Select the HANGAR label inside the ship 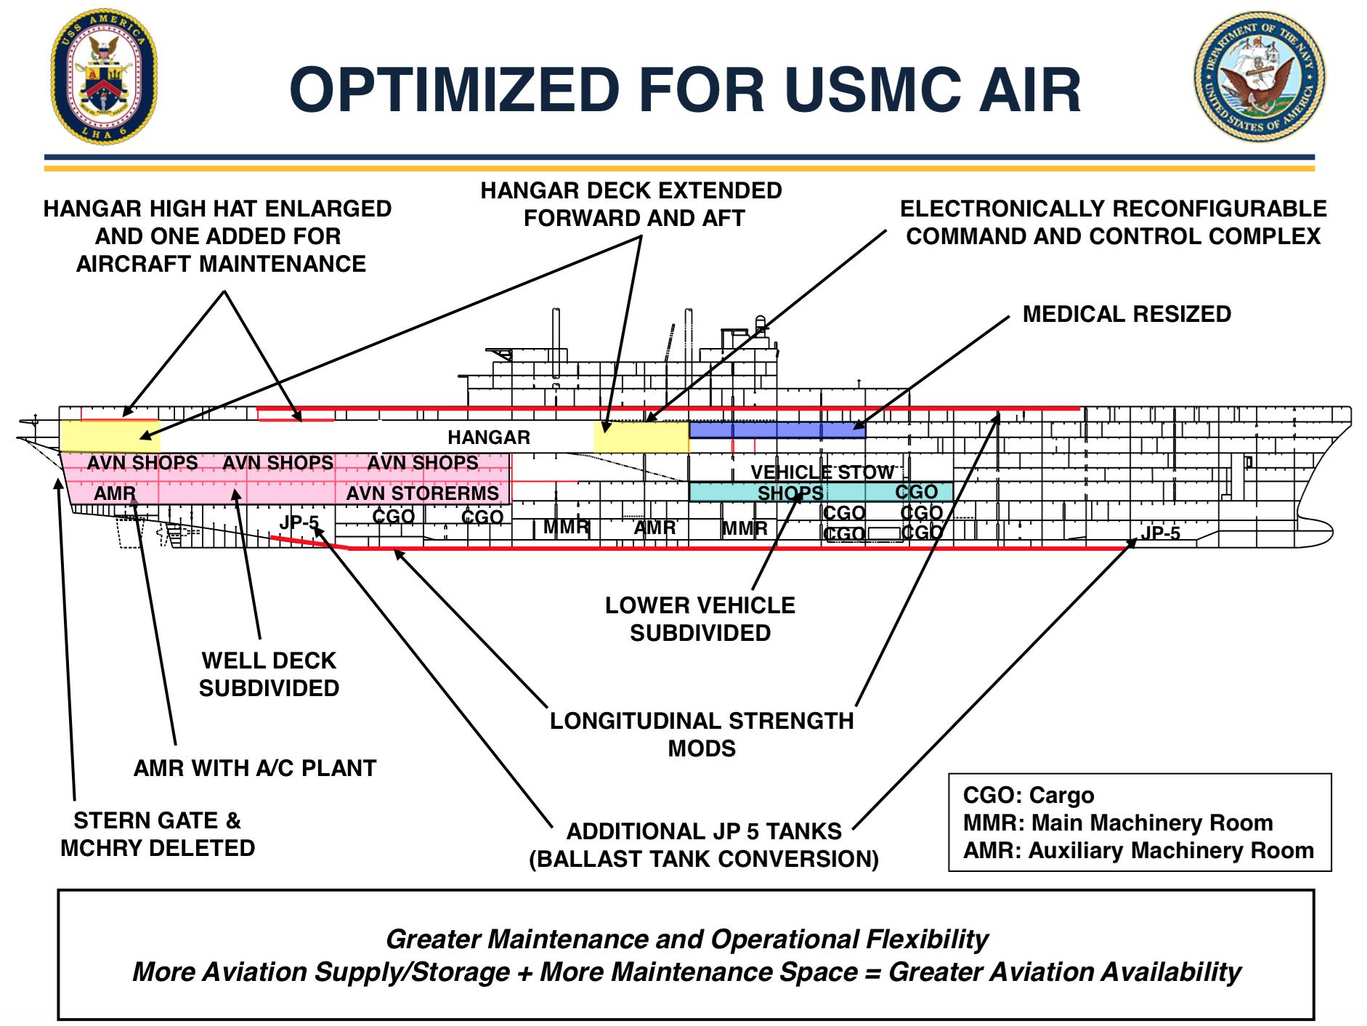point(489,437)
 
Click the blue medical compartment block point(777,429)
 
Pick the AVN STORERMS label point(423,493)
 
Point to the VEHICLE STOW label point(822,472)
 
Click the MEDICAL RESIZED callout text point(1127,314)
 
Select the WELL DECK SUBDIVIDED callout point(269,674)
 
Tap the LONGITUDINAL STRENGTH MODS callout point(702,735)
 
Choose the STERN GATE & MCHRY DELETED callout point(158,834)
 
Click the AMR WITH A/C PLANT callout point(255,768)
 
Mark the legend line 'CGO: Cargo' point(1029,796)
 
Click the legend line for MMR point(1118,823)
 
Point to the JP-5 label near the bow point(1160,533)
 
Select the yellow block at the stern point(110,436)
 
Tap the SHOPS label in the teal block point(790,493)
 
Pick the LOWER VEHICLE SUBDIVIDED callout point(700,619)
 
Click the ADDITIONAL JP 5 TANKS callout point(704,845)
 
